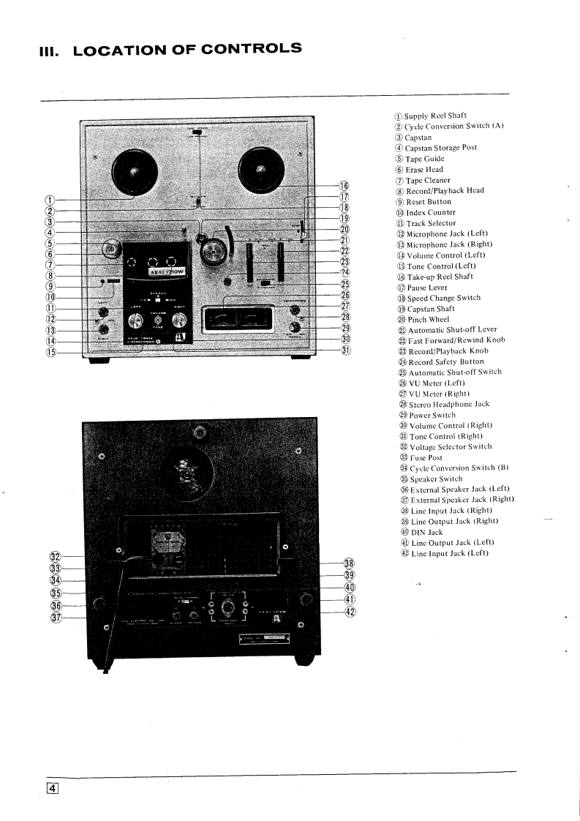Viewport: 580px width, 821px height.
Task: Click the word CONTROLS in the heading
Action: [x=249, y=50]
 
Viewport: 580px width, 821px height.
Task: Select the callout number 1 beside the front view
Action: [x=50, y=198]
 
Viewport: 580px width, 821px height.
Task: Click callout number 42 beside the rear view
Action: [x=349, y=611]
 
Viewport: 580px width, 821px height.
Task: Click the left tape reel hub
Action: [x=133, y=173]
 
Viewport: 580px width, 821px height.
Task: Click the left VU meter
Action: [x=224, y=318]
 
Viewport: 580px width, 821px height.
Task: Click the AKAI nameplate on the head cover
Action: [x=167, y=271]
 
